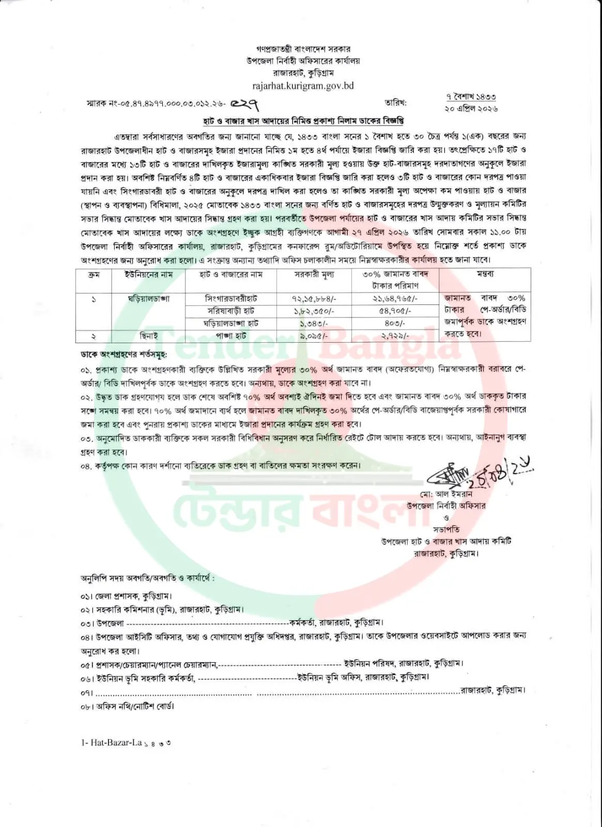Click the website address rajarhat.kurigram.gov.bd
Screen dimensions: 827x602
[x=303, y=86]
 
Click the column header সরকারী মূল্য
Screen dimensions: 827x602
[x=315, y=274]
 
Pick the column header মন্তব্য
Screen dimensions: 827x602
[x=485, y=274]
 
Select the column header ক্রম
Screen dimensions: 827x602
[x=94, y=274]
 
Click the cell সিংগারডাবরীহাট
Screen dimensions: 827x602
[x=231, y=299]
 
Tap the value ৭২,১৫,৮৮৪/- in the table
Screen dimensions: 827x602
[x=315, y=299]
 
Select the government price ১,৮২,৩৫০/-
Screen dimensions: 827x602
[x=315, y=311]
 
